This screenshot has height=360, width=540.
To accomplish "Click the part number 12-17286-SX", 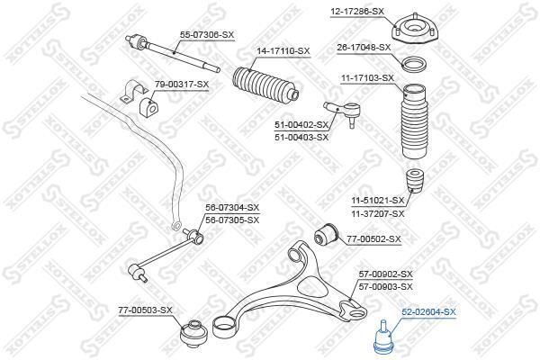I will (x=357, y=11).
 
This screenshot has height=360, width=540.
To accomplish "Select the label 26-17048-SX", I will (x=364, y=47).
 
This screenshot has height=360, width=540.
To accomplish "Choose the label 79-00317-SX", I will (x=181, y=85).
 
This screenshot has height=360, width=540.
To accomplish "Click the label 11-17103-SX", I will (x=366, y=78).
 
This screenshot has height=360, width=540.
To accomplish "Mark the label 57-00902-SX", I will (x=385, y=274).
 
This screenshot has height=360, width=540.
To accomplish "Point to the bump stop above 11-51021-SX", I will (x=416, y=183).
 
